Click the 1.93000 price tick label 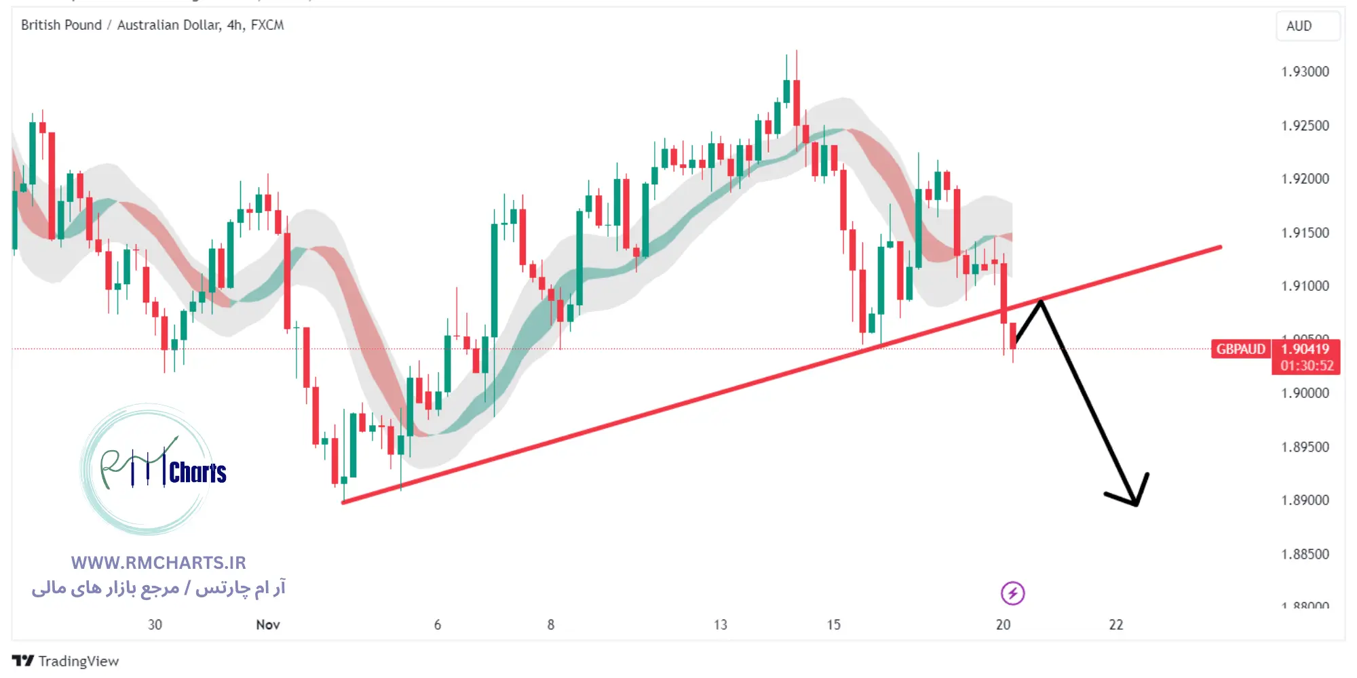[1304, 72]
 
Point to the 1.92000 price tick [1304, 179]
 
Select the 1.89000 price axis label [1304, 500]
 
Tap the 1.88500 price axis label [1304, 555]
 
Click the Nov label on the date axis [268, 624]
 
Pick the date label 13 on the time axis [720, 624]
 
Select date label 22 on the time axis [1115, 624]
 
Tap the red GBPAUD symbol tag [1240, 349]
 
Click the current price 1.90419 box [1305, 349]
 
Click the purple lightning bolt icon [1012, 593]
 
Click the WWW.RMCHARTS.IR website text [159, 563]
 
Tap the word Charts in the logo [197, 473]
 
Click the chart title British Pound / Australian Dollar [121, 25]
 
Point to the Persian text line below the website [159, 588]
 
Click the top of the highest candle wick [797, 51]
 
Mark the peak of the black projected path [1040, 300]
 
